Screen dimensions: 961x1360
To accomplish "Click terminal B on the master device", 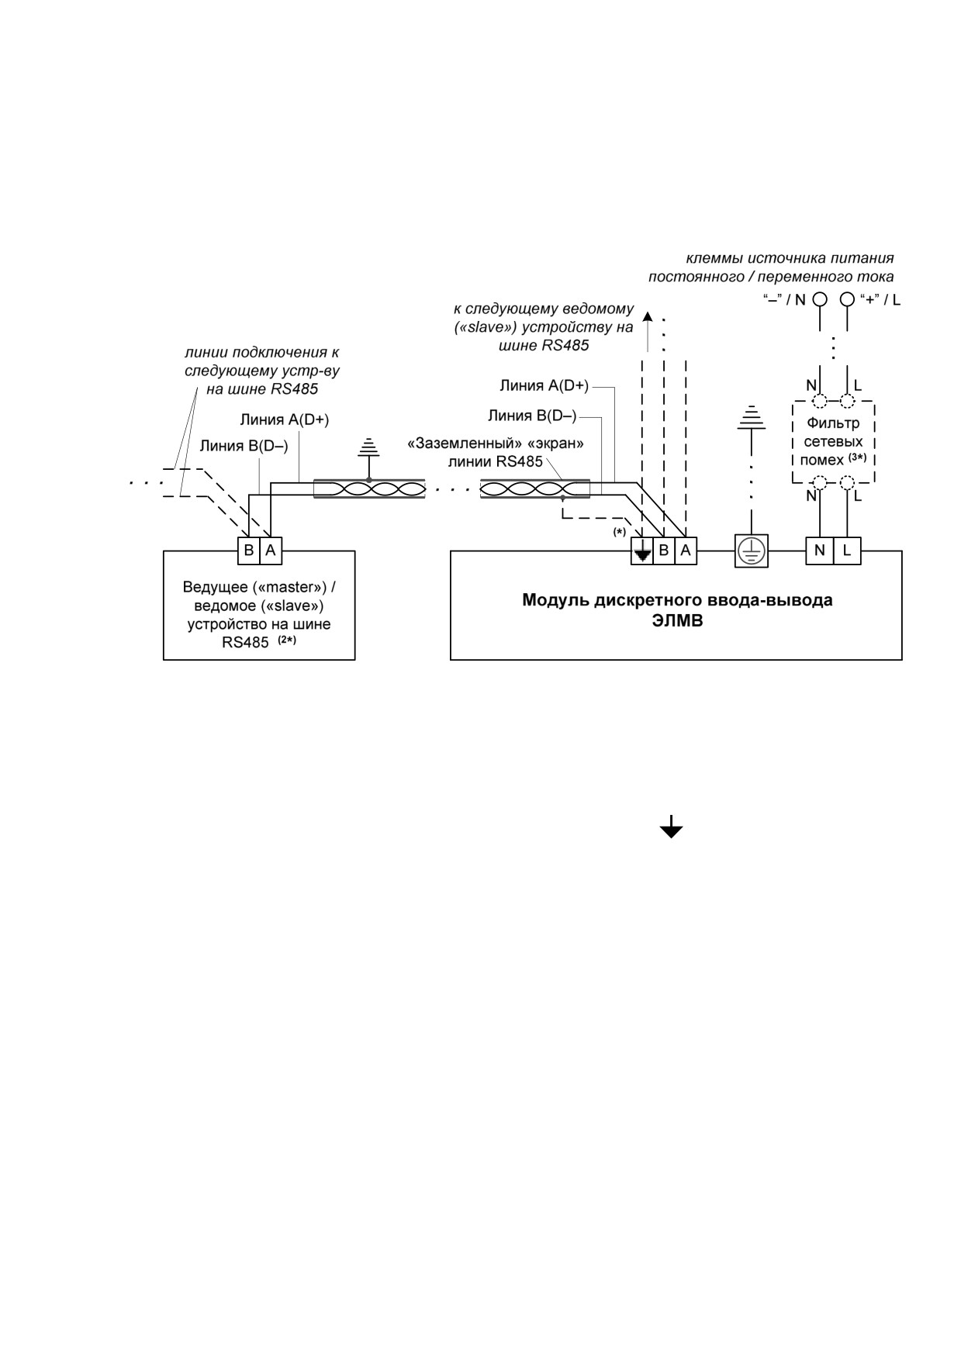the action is coord(249,551).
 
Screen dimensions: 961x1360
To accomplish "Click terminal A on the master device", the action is coord(271,551).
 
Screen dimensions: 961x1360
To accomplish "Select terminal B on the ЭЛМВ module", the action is coord(664,551).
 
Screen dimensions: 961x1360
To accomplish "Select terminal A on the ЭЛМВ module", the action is coord(686,551).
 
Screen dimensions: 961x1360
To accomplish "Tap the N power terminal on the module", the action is coord(820,551).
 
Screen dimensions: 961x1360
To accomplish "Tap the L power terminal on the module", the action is coord(847,551).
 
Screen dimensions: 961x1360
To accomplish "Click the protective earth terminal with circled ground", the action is coord(751,551).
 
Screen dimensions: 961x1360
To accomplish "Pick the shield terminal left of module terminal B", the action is coord(642,551).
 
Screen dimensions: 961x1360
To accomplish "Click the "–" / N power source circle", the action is coord(819,299).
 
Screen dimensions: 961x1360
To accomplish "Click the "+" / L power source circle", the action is coord(847,299).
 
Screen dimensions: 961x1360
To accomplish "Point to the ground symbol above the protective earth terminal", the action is coord(751,417).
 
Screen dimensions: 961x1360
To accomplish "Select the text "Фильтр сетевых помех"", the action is coord(833,441).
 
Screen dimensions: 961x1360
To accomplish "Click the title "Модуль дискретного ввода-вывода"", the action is coord(677,600).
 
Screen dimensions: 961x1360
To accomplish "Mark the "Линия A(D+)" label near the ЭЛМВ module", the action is coord(544,385).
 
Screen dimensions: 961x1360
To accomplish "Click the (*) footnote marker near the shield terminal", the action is coord(619,532).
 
